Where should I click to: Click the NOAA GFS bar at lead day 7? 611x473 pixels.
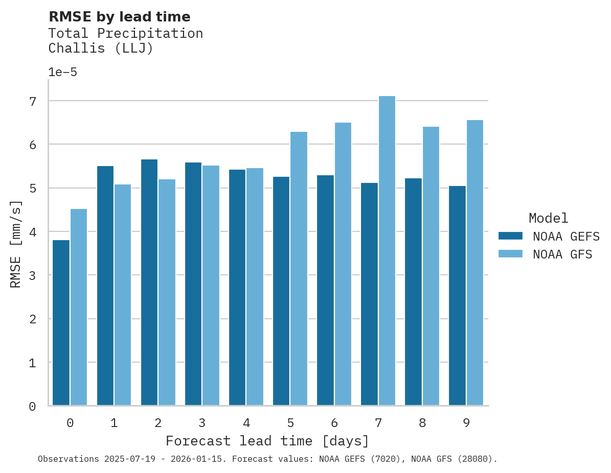(x=387, y=251)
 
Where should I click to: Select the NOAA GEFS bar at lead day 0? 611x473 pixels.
(x=61, y=323)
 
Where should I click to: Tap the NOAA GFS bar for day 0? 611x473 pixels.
(x=79, y=307)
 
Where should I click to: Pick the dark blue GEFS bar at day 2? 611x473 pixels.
(x=149, y=282)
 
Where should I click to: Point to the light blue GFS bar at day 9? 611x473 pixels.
(x=475, y=263)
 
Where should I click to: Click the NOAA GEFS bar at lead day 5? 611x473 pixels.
(x=281, y=291)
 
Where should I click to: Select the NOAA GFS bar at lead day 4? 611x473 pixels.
(x=255, y=287)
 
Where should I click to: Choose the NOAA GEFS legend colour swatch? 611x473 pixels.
(x=510, y=236)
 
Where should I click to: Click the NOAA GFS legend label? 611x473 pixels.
(x=562, y=254)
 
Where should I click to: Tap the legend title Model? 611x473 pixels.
(x=548, y=218)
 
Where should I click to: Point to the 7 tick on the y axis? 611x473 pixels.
(x=33, y=101)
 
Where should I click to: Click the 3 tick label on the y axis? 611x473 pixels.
(x=33, y=275)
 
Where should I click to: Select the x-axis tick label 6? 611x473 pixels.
(x=334, y=423)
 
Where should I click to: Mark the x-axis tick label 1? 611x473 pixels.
(x=114, y=423)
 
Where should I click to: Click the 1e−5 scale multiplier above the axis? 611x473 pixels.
(x=63, y=72)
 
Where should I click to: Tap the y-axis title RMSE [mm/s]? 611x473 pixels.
(x=16, y=244)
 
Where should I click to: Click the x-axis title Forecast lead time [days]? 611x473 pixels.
(x=267, y=441)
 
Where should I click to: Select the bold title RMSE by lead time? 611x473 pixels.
(x=119, y=17)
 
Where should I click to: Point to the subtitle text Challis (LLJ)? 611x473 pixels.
(x=101, y=49)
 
